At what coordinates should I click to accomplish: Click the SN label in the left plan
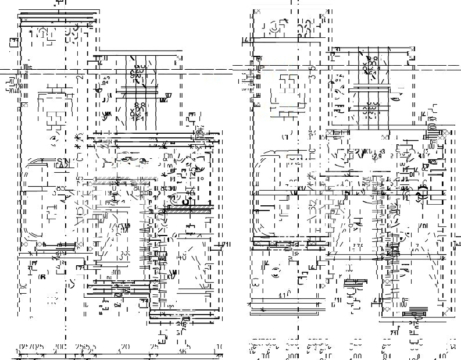pos(62,161)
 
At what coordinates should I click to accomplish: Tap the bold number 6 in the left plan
pos(42,277)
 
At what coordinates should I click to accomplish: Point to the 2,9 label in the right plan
pos(377,156)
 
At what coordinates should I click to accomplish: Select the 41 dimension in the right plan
pos(283,295)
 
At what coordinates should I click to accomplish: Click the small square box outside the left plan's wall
pos(13,41)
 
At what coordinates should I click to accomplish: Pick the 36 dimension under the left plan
pos(183,351)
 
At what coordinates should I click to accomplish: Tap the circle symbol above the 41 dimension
pos(274,270)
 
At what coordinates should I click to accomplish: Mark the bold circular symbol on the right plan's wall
pos(423,197)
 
